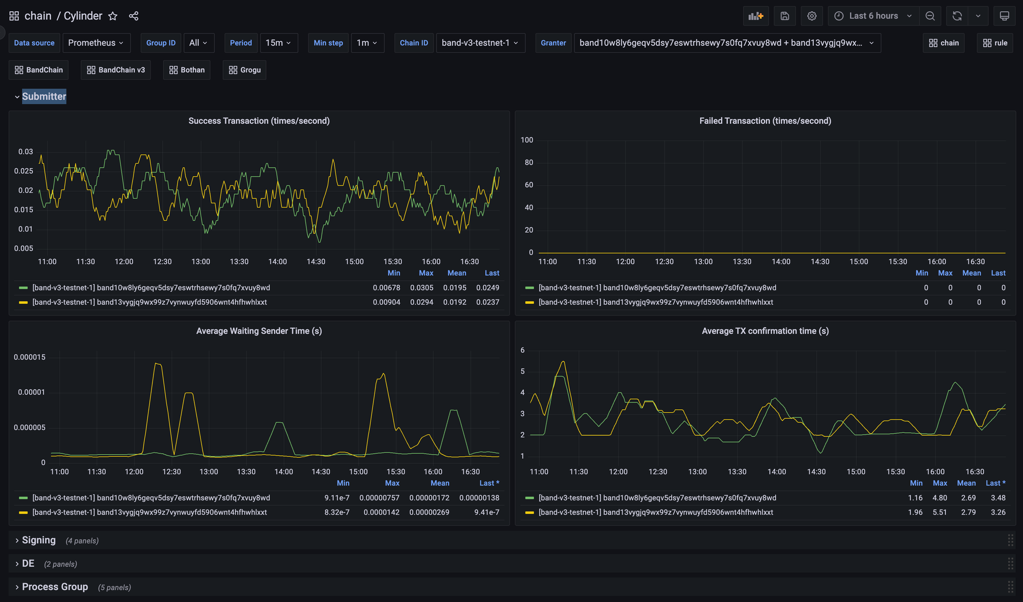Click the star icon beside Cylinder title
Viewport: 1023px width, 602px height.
113,16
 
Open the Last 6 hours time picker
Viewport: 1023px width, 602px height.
873,16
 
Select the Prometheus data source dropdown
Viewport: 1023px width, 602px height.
96,43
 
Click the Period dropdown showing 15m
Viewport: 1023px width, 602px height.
278,43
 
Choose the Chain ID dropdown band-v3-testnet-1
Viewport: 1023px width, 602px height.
480,43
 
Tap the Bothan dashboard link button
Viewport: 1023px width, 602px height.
187,70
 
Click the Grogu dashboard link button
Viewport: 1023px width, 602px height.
244,70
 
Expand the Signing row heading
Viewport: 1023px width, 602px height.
38,540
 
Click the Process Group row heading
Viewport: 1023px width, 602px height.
55,587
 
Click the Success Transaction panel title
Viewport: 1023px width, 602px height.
259,121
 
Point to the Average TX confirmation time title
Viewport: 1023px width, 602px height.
765,331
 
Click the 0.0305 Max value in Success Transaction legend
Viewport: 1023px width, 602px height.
421,288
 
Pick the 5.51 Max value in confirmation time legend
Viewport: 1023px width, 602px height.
940,512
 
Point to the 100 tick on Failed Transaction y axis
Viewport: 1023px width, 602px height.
527,140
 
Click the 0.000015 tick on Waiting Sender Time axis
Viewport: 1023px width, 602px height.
30,357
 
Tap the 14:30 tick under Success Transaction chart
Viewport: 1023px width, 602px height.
316,261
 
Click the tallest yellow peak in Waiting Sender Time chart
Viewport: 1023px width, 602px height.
158,364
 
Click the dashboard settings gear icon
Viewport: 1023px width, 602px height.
812,16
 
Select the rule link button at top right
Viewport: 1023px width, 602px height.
995,43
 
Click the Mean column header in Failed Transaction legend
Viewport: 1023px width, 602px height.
971,273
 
